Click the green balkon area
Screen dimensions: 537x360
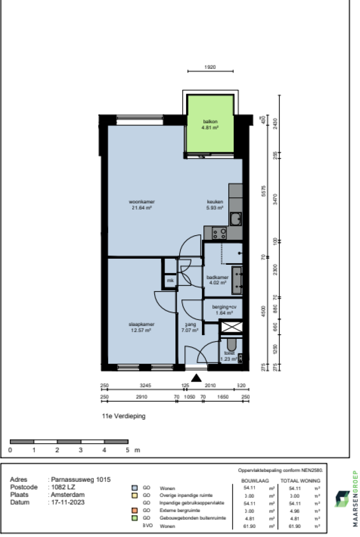click(210, 125)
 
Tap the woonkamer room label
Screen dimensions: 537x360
click(142, 205)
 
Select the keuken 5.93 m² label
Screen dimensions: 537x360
click(215, 205)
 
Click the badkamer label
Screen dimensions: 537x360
click(217, 280)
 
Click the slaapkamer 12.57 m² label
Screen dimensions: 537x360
click(142, 327)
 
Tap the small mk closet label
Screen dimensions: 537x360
click(169, 281)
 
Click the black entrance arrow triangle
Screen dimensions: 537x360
click(197, 378)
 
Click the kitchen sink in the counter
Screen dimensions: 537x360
click(235, 218)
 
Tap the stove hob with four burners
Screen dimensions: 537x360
click(219, 233)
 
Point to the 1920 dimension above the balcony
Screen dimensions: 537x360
click(210, 67)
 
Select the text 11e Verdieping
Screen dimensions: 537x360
click(123, 416)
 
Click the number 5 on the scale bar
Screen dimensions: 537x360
click(127, 450)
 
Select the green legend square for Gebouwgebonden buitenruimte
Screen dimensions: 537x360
click(134, 518)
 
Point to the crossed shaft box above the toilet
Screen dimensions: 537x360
click(231, 328)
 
